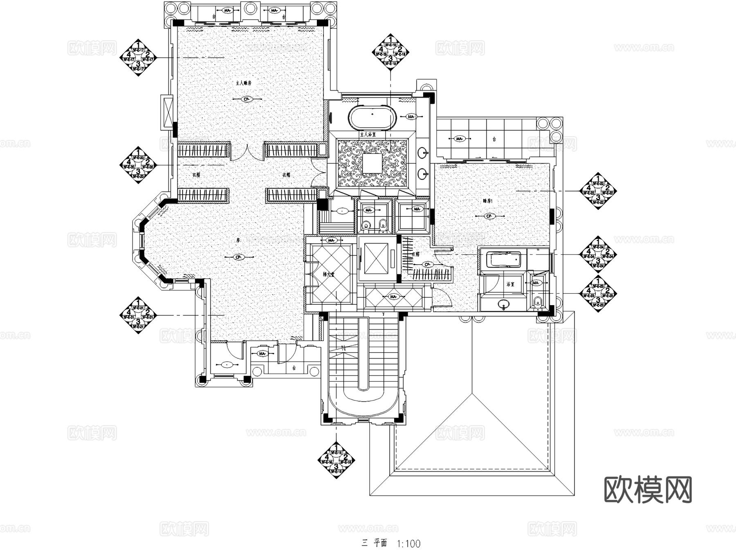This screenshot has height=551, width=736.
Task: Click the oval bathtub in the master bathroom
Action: [372, 118]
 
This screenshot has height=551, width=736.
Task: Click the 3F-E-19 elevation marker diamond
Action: [390, 52]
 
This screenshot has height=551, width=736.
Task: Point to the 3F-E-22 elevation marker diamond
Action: [598, 191]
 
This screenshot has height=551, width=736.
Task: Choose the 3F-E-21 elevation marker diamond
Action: [138, 315]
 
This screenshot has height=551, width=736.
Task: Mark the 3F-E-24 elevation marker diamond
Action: [598, 254]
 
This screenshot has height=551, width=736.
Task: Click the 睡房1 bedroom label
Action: [488, 201]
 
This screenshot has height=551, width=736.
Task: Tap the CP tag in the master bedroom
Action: [246, 99]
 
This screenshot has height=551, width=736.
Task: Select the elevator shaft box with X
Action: [375, 258]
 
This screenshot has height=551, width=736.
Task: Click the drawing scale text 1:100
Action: [408, 544]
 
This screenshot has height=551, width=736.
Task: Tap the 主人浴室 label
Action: [368, 134]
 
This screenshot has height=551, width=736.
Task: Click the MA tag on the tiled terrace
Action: [459, 139]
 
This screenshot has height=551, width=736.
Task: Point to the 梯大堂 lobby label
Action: [328, 275]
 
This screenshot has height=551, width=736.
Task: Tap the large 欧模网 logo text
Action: [648, 489]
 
